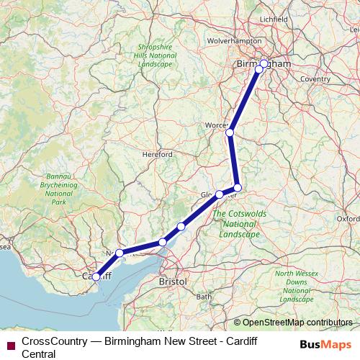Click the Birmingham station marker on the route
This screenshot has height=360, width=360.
click(x=264, y=63)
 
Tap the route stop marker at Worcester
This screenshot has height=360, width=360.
click(x=230, y=132)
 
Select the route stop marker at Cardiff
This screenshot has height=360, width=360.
click(x=96, y=276)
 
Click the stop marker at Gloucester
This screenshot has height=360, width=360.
click(x=219, y=194)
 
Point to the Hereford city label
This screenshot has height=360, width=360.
click(x=158, y=154)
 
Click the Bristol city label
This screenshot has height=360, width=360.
click(x=173, y=281)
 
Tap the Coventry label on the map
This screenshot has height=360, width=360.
click(x=315, y=78)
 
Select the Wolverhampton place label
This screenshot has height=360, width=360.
click(x=215, y=41)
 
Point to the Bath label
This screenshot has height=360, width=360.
click(x=204, y=296)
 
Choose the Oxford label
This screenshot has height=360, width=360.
click(x=348, y=217)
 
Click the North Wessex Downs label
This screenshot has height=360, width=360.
click(x=293, y=286)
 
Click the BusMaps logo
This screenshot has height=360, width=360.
click(x=325, y=343)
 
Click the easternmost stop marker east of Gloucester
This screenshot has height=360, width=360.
click(x=237, y=189)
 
